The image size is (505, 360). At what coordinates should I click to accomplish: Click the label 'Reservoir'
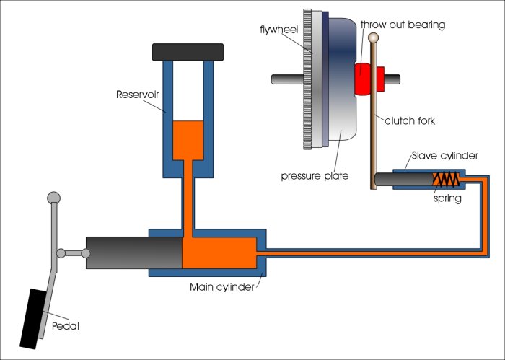139,95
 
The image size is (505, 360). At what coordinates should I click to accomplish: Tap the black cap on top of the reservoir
187,52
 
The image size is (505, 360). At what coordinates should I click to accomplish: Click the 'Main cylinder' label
221,286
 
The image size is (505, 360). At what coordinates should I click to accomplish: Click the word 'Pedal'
66,326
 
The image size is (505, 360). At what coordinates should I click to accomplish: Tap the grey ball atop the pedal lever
53,197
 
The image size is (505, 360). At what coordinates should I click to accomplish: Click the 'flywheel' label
278,30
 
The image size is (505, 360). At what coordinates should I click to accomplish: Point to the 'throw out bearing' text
403,25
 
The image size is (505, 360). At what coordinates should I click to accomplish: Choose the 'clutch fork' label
410,120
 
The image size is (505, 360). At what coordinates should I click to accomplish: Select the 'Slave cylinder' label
445,156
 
